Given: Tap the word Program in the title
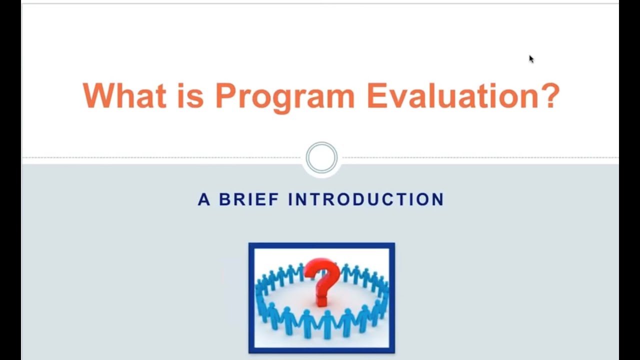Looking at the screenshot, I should (x=285, y=96).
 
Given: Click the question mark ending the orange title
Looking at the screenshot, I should (x=549, y=95).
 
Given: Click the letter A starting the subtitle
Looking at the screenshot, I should (x=203, y=199).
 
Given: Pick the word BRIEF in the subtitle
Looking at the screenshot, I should (x=248, y=199).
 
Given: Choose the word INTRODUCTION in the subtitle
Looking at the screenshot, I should (x=366, y=199).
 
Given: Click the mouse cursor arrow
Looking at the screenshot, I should (x=531, y=59).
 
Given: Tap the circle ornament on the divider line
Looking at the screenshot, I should (x=321, y=158).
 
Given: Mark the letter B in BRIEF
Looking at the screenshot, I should (x=224, y=199).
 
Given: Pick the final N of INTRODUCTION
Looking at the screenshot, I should (x=438, y=199).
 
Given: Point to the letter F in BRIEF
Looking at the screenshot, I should (x=274, y=199).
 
